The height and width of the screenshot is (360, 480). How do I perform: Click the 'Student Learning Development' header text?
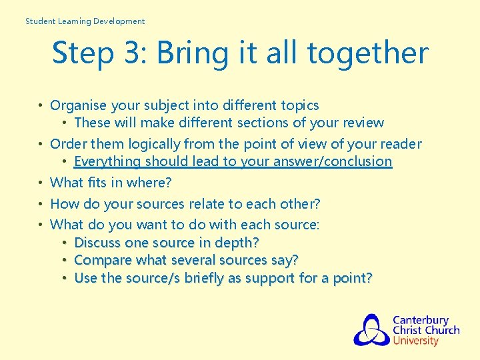pyautogui.click(x=85, y=21)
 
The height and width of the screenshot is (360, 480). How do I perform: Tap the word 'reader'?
pyautogui.click(x=399, y=144)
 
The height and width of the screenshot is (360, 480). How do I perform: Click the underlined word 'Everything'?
pyautogui.click(x=107, y=161)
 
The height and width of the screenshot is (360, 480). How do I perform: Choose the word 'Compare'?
pyautogui.click(x=101, y=260)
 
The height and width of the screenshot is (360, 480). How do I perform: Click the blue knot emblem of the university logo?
pyautogui.click(x=371, y=330)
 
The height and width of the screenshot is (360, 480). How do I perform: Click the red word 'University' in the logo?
pyautogui.click(x=415, y=341)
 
